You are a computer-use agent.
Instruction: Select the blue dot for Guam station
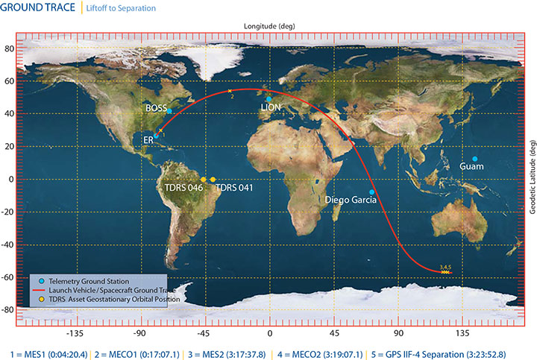click(x=474, y=159)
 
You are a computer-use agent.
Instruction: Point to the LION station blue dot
click(x=268, y=99)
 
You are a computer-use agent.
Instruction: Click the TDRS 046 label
click(x=184, y=188)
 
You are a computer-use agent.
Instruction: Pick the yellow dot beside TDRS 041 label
click(x=213, y=180)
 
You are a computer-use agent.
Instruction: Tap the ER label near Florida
click(x=148, y=139)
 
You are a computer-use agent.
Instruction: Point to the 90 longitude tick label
click(x=399, y=335)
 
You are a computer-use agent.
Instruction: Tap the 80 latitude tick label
click(x=10, y=48)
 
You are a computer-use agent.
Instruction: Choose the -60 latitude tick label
click(x=9, y=277)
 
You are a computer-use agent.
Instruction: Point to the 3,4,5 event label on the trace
click(x=446, y=267)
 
